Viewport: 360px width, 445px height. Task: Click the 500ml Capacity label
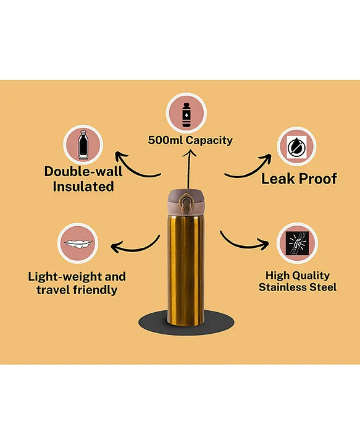coord(190,140)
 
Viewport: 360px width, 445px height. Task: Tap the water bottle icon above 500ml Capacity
coord(186,115)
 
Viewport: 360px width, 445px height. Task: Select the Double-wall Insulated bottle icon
coord(83,145)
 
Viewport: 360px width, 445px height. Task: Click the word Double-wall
coord(83,171)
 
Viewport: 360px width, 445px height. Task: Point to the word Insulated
coord(83,187)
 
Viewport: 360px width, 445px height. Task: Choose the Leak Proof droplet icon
coord(296,147)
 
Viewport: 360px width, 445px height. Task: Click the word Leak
coord(278,179)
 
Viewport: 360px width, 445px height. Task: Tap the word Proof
coord(318,179)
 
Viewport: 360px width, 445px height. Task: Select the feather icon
coord(78,244)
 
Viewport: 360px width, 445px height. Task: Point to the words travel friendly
coord(77,290)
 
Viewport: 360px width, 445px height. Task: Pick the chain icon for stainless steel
coord(297,243)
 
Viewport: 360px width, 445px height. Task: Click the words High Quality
coord(298,275)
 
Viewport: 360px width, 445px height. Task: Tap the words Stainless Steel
coord(298,287)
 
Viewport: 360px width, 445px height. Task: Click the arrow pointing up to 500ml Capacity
coord(188,169)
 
